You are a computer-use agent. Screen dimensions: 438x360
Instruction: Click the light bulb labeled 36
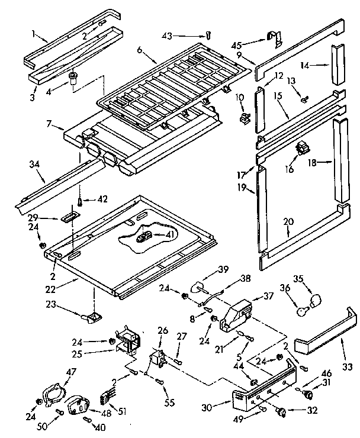(303, 307)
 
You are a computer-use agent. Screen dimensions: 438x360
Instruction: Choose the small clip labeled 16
(302, 147)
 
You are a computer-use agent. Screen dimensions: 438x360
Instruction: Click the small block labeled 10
(243, 117)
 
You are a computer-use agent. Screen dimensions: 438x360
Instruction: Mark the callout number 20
(289, 222)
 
